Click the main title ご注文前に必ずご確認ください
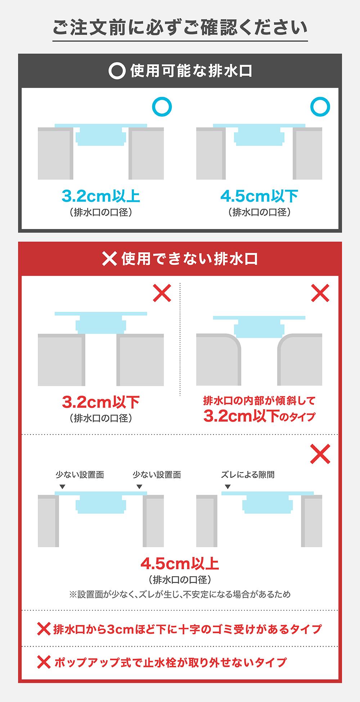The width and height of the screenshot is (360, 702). pos(180,28)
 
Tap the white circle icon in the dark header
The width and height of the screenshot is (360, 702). pos(117,71)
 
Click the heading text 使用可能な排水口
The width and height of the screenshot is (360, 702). pos(191,71)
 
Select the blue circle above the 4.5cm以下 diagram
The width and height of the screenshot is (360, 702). pos(320,107)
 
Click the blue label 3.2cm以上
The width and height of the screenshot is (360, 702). pos(101,196)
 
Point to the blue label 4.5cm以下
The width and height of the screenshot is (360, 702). pos(259,196)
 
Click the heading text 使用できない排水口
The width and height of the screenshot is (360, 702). pos(189,259)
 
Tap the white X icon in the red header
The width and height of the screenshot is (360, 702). pos(109,259)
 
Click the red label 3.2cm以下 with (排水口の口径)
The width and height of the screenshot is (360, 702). pos(101,402)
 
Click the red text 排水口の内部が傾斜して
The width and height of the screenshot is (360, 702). pos(259,400)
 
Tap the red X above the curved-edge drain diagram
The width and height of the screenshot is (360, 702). pos(320,293)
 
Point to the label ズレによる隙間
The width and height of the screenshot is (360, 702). pos(248,474)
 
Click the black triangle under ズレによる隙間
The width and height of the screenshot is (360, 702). pos(228,487)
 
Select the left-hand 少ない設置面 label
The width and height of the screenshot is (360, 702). pos(80,474)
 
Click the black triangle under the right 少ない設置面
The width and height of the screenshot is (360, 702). pos(139,487)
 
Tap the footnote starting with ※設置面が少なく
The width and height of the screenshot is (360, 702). pos(180,594)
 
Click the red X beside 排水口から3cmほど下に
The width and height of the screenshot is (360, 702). pos(44,629)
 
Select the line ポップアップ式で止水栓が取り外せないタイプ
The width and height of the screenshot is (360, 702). pos(170,662)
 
